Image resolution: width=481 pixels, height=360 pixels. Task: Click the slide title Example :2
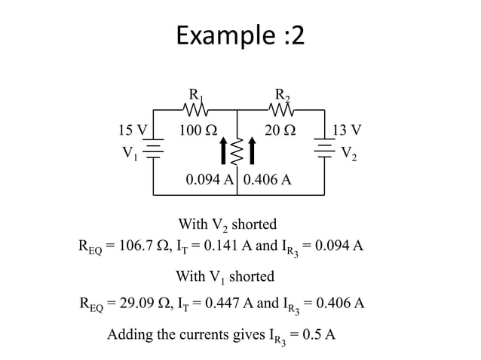pos(240,35)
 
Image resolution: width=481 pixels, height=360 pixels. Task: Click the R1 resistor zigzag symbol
pos(195,112)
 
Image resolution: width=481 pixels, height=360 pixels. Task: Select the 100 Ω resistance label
pos(195,130)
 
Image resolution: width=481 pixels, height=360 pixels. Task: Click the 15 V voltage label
pos(133,130)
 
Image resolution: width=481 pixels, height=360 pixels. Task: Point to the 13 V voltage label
pos(347,130)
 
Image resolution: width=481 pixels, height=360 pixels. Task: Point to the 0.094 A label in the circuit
pos(210,182)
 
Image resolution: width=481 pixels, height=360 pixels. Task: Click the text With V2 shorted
pos(227,225)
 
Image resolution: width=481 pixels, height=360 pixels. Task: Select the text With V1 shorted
pos(225,277)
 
